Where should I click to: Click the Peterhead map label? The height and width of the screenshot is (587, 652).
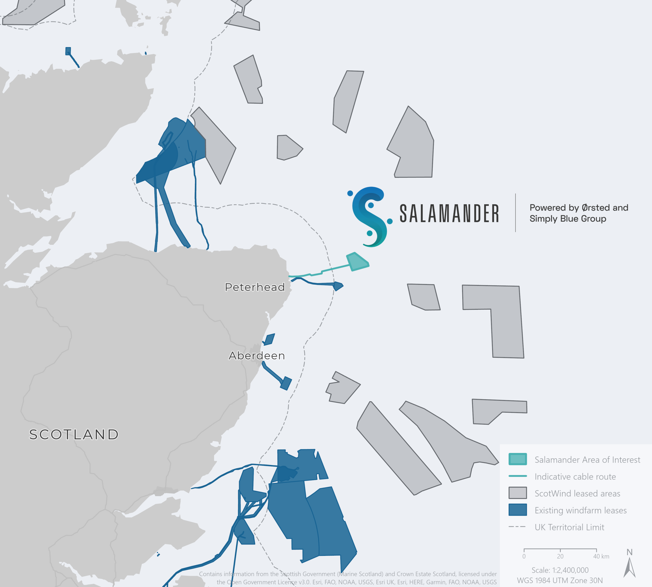(255, 287)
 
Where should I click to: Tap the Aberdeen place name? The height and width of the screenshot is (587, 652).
(257, 355)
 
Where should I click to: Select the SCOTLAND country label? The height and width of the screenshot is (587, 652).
(74, 434)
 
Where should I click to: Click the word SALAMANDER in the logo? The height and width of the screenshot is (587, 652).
(449, 214)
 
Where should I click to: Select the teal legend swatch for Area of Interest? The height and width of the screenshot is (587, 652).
(518, 459)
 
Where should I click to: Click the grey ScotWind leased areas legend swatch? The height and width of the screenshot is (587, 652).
(518, 493)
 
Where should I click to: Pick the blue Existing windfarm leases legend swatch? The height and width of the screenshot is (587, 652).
(518, 510)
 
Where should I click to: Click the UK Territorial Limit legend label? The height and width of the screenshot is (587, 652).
(569, 527)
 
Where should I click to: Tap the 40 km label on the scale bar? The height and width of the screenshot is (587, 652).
(601, 556)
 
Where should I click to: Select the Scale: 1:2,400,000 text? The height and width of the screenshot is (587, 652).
(560, 570)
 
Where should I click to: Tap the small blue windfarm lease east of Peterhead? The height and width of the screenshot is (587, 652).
(338, 286)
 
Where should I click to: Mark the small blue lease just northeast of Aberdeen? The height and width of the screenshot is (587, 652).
(269, 339)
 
